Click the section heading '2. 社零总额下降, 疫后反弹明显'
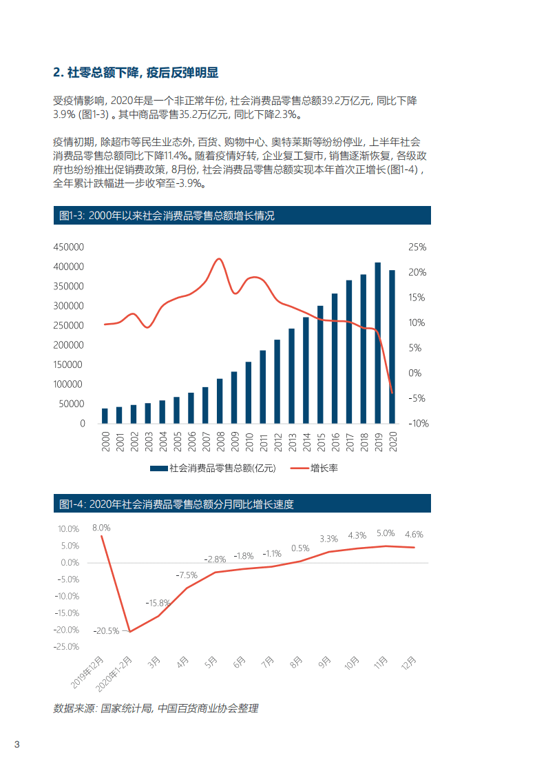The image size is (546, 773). tap(136, 73)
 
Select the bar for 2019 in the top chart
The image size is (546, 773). tap(377, 342)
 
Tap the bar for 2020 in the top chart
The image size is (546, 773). tap(392, 347)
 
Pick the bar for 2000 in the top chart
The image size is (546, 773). tap(105, 415)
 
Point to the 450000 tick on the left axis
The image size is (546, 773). tap(68, 247)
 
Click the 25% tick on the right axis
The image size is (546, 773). tap(417, 247)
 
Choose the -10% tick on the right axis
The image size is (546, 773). tap(417, 424)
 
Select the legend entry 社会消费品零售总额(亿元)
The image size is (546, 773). tap(213, 468)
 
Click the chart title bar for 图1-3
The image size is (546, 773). tap(242, 216)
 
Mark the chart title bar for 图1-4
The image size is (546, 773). tap(242, 504)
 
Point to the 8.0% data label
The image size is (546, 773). tap(101, 528)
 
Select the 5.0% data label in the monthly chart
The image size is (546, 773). tap(386, 533)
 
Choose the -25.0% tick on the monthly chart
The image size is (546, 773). tap(66, 647)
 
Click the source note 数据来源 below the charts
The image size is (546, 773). tap(155, 708)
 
